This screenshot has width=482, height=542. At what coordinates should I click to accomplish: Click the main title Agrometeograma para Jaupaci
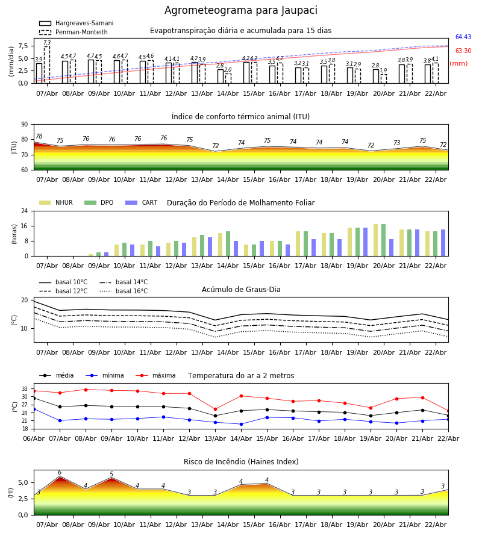(x=241, y=11)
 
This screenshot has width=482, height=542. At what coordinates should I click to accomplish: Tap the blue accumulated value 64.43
(x=463, y=37)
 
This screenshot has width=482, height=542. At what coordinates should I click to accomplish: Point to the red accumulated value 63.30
(x=463, y=51)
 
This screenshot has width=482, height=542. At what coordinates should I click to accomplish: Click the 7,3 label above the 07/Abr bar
(x=47, y=43)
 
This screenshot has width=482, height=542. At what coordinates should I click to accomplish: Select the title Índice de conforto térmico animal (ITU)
(x=240, y=117)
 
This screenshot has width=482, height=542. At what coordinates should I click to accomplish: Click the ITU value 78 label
(x=39, y=137)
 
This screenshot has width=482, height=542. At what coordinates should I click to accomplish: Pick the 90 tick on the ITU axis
(x=24, y=125)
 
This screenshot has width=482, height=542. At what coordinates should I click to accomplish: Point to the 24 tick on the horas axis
(x=24, y=211)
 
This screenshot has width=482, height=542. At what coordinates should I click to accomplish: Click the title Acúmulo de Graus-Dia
(x=241, y=290)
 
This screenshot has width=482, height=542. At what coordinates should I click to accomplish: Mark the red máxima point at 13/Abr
(x=215, y=409)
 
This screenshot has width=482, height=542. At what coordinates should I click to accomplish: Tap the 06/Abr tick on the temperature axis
(x=34, y=438)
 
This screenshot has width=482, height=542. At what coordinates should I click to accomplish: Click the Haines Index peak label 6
(x=59, y=473)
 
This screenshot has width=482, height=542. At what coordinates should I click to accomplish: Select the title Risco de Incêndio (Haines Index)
(x=241, y=462)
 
